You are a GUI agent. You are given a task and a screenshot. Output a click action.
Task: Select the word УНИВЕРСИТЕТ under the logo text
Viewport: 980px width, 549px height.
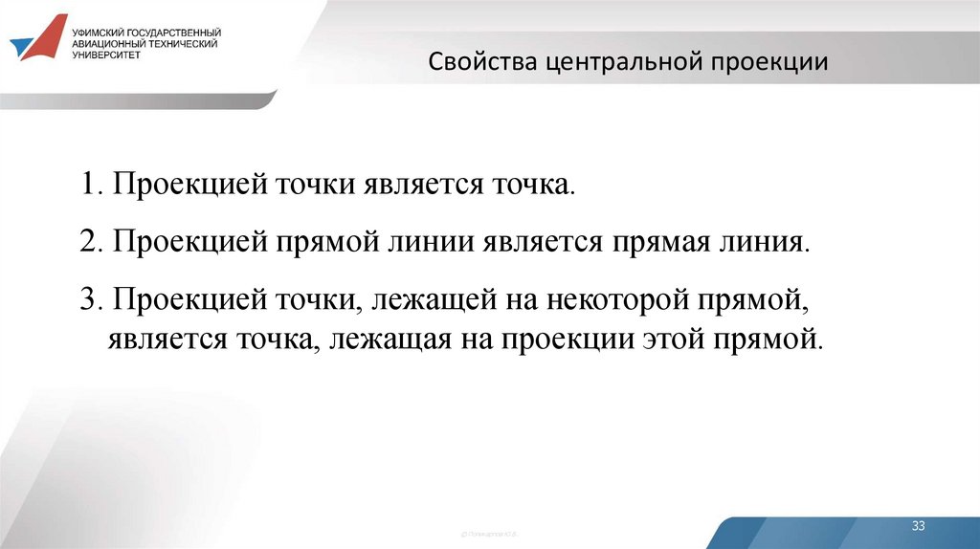[105, 55]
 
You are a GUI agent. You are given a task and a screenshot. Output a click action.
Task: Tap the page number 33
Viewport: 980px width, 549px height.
[919, 526]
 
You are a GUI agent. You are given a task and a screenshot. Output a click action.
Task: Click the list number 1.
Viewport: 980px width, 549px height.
[89, 186]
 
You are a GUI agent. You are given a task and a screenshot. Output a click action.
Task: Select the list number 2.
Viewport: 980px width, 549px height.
[89, 241]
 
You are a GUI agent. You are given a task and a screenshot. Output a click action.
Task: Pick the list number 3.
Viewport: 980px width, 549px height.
[89, 300]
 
